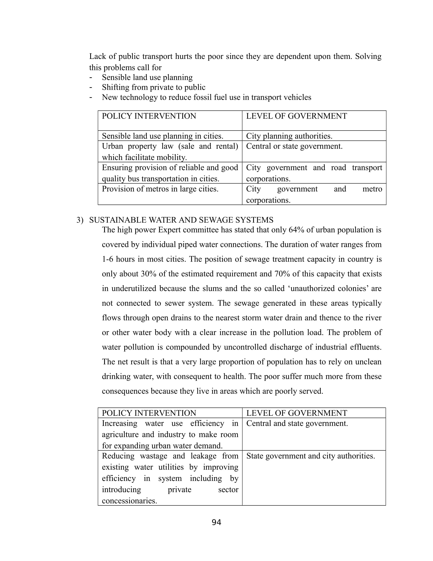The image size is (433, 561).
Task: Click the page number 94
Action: point(216,522)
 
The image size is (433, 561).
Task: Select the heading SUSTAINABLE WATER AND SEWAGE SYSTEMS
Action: point(181,220)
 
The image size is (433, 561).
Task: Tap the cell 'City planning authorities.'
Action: point(289,136)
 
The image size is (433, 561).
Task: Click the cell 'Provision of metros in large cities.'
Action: point(160,189)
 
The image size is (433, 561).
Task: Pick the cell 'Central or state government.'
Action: point(294,146)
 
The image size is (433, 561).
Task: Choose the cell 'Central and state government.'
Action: point(297,423)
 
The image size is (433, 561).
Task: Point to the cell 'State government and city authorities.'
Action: point(310,456)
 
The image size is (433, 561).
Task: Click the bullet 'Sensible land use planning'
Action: point(147,77)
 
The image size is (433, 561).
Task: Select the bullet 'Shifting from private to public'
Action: point(153,87)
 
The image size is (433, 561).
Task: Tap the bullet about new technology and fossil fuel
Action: point(206,97)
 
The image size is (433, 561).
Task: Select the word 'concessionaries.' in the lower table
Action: point(129,501)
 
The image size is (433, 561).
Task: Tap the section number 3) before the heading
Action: point(80,220)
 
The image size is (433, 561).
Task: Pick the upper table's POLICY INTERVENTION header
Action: point(149,116)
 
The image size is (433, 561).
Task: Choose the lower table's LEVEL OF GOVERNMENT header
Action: point(296,413)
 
